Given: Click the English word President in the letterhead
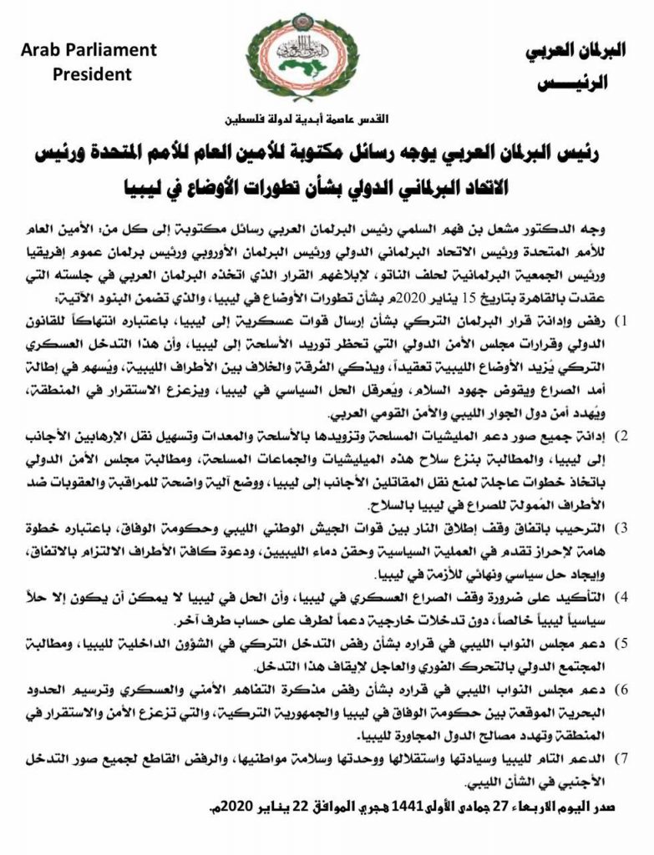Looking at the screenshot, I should [92, 74].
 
